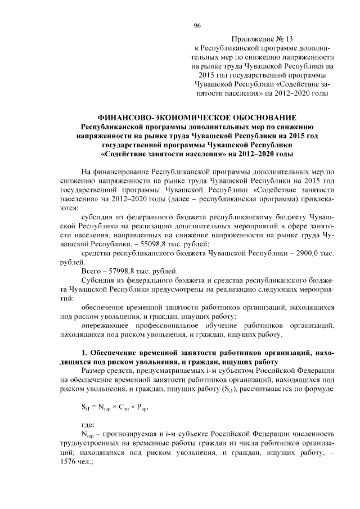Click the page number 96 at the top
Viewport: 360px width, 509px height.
197,26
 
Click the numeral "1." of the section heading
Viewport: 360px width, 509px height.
85,353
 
